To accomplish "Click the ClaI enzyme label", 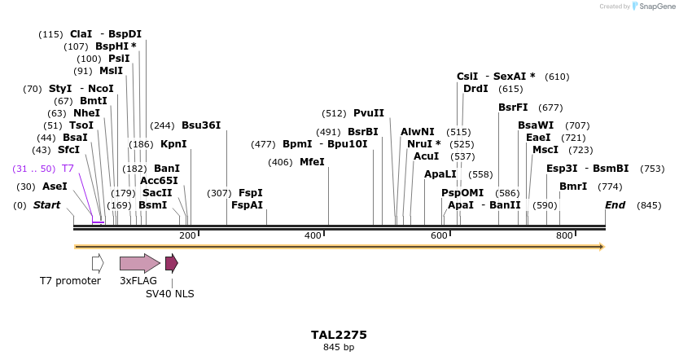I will click(81, 34).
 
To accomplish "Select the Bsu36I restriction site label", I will click(201, 125).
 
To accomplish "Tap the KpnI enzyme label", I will click(173, 144).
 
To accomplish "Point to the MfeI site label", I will click(312, 162).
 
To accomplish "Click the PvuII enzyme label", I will click(369, 113).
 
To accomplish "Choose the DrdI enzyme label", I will click(475, 89).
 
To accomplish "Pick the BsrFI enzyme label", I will click(513, 108).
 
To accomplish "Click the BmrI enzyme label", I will click(573, 187).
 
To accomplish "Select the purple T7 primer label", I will click(68, 169).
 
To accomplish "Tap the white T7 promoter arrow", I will click(98, 263).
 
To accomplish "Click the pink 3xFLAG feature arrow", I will click(139, 263).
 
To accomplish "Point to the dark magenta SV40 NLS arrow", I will click(171, 263).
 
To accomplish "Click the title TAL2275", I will click(339, 335).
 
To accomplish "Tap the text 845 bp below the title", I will click(339, 348).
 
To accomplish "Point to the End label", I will click(615, 205).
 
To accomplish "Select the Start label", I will click(46, 205).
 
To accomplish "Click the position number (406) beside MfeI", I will click(280, 162).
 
